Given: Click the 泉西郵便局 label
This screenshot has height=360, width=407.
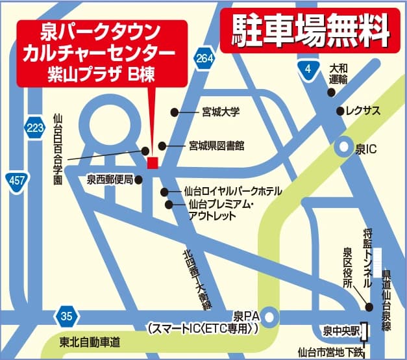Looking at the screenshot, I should (x=110, y=179).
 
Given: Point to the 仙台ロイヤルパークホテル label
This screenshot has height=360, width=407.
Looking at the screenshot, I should (x=232, y=192).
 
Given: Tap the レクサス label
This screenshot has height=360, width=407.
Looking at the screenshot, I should (x=363, y=111).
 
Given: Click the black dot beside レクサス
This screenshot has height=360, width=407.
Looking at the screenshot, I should (x=339, y=111).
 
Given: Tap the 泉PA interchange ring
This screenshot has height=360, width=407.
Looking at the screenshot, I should (x=269, y=317).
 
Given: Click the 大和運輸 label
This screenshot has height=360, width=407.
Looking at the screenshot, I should (x=338, y=73).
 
